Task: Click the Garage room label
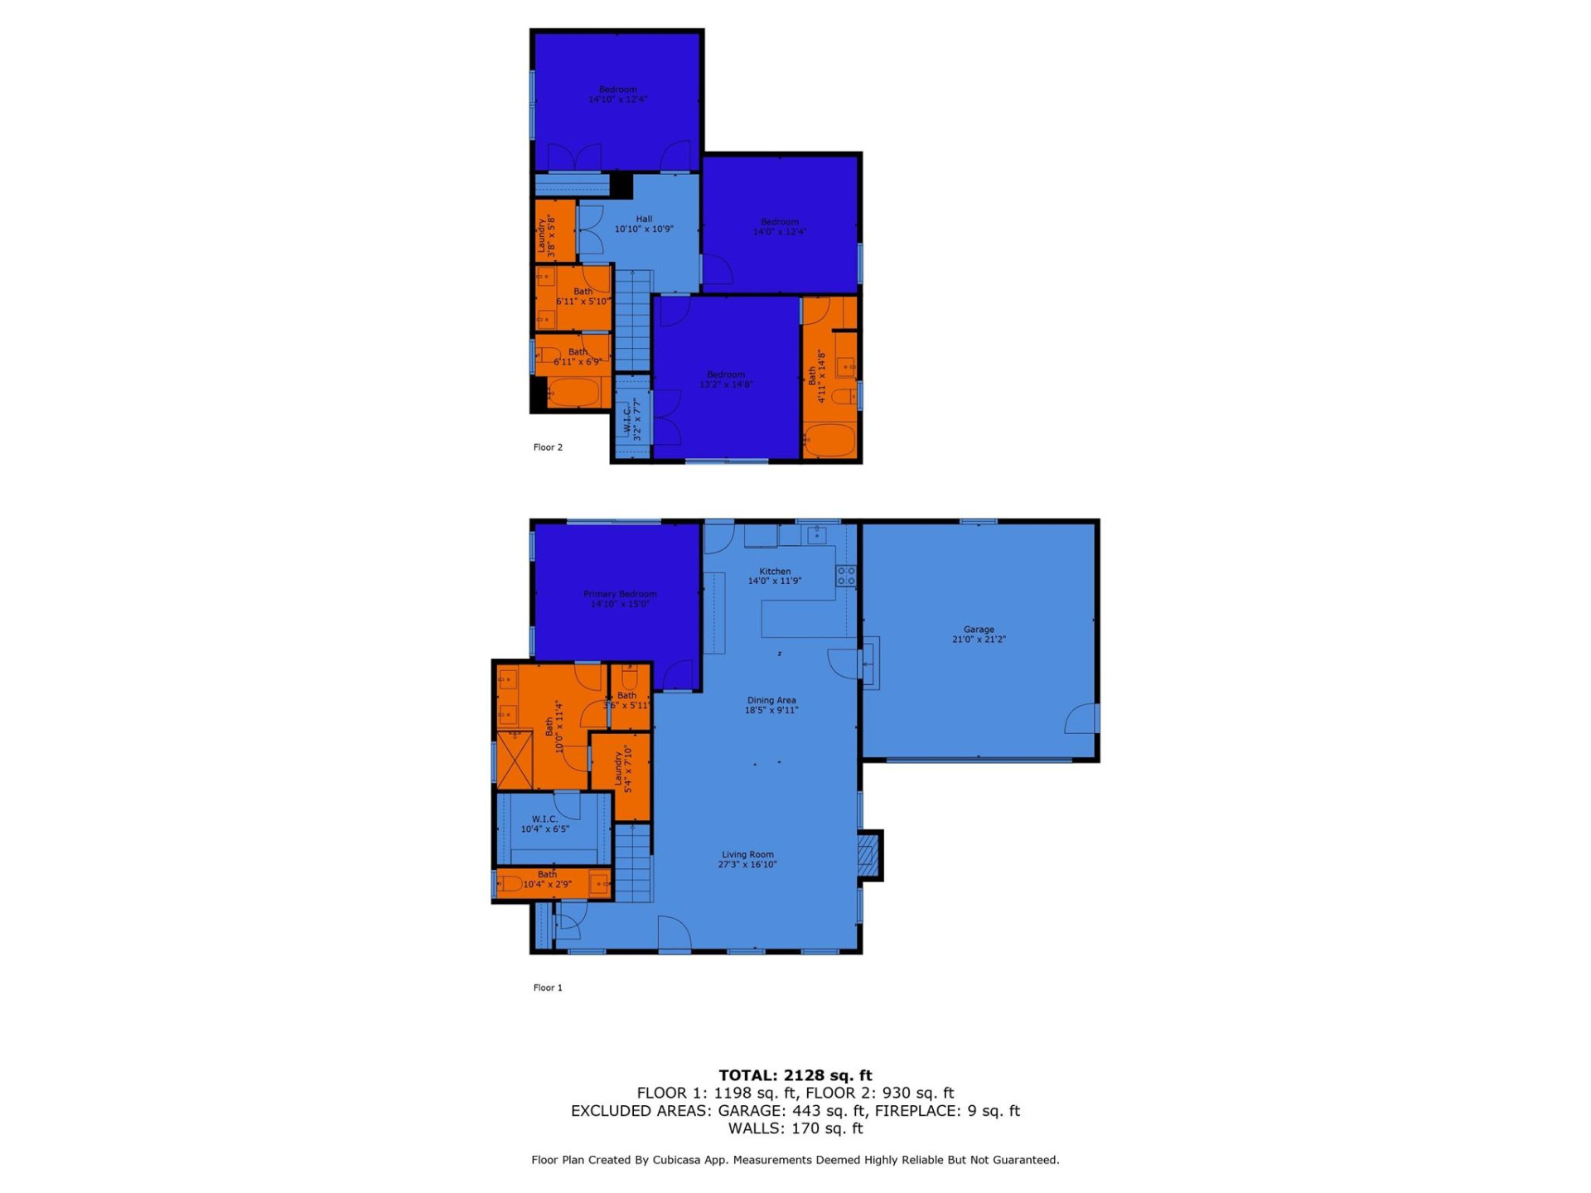979,635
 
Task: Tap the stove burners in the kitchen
846,576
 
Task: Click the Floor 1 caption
548,988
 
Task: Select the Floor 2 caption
548,447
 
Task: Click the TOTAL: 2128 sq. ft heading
795,1075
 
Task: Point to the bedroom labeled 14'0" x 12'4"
780,227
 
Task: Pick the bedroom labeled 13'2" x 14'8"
726,379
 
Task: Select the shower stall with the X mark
514,759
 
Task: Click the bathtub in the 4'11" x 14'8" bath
829,440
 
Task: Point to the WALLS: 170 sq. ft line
795,1128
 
